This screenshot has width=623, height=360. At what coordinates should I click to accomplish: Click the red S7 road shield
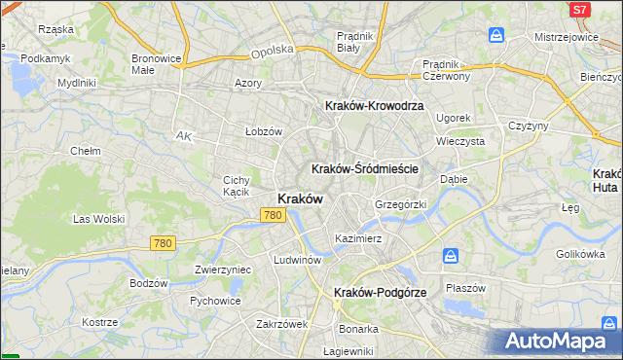[579, 10]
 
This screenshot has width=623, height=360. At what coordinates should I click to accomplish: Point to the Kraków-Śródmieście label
[365, 168]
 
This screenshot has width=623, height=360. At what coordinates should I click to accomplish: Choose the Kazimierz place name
[357, 237]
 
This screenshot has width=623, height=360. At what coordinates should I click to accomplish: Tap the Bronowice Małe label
[157, 64]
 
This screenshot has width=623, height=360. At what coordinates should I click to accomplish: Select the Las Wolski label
[95, 219]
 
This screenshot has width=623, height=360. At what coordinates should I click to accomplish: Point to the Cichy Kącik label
[237, 185]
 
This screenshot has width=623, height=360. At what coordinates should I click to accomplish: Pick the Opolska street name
[272, 51]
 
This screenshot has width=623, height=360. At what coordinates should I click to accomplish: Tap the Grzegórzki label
[401, 204]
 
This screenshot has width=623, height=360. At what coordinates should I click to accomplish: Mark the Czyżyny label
[530, 126]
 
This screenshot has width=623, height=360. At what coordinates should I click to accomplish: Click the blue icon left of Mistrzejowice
[496, 36]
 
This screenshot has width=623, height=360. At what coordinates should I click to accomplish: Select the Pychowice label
[215, 301]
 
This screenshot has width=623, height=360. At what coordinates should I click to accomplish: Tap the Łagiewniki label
[348, 350]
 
